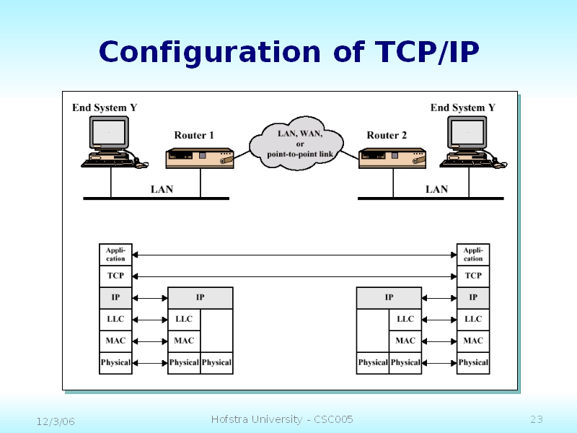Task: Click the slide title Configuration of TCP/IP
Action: [288, 52]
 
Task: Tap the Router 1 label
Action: [194, 135]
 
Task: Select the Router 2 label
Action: [387, 135]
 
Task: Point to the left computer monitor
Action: [109, 134]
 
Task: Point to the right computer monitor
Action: [468, 134]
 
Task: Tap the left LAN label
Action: [162, 189]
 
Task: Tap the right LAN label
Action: [436, 189]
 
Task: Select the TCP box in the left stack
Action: [115, 276]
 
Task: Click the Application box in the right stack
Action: [473, 255]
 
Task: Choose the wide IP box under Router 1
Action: [201, 297]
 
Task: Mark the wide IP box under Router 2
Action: [389, 297]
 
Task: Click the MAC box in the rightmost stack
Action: [473, 341]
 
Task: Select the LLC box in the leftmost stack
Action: [115, 319]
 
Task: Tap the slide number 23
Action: [536, 419]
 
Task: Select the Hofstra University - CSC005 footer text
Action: [282, 419]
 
